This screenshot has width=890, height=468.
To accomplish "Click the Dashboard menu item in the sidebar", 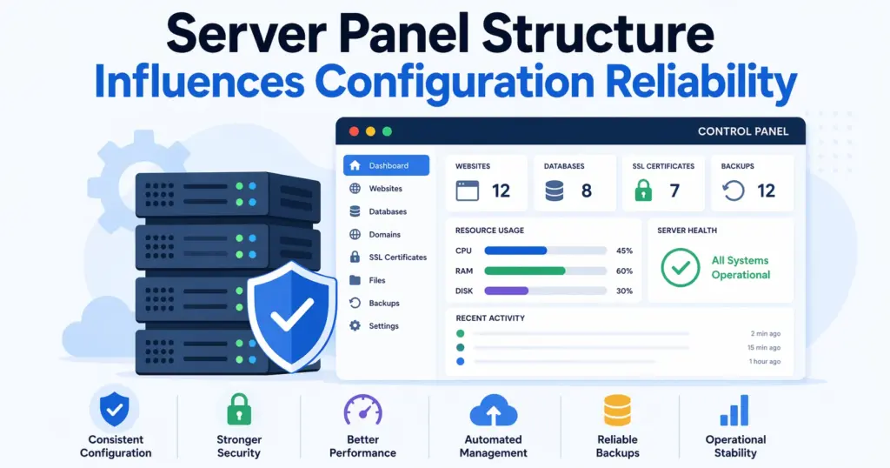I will tap(386, 165).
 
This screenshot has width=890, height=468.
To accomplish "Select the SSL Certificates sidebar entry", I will tap(397, 257).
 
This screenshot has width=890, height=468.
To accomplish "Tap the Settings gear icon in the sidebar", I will tap(355, 326).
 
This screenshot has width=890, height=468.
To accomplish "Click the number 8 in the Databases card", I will tap(587, 191).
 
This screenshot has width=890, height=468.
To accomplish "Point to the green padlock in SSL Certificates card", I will tap(643, 191).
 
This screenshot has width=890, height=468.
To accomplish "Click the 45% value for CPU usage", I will tap(624, 251).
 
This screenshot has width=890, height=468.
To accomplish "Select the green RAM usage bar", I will tap(525, 271).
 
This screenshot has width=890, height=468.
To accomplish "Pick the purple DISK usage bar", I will tap(507, 291).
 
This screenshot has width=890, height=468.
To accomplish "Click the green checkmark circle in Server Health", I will tap(681, 267).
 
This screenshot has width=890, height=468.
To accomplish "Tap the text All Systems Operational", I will tap(741, 267).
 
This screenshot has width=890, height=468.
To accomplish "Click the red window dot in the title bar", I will tap(354, 131).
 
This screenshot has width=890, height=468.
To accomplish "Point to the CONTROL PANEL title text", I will tap(743, 131).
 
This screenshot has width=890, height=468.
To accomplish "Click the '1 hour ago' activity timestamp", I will tap(765, 361).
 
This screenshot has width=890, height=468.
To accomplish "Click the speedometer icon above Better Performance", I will tap(362, 409).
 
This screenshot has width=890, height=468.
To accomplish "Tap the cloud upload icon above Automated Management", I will tap(493, 410).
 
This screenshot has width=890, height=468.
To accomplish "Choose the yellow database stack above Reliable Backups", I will tap(617, 410).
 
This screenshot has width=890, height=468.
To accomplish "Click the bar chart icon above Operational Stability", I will tap(735, 410).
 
